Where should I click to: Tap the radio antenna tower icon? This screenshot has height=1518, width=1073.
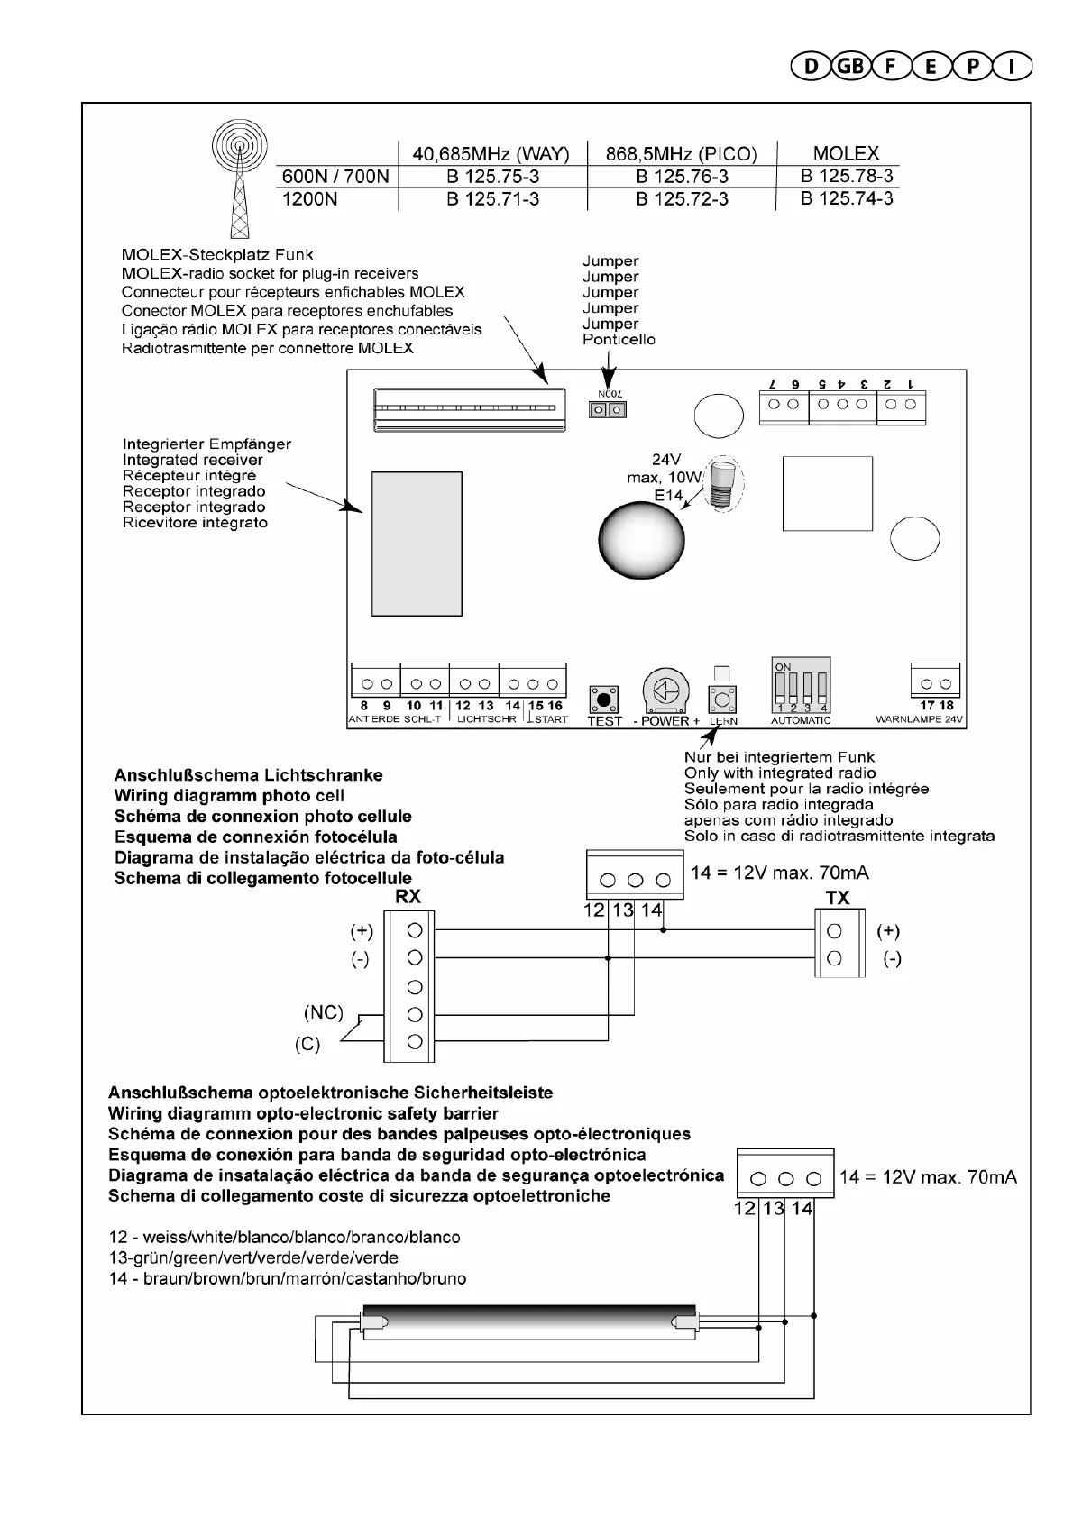[239, 176]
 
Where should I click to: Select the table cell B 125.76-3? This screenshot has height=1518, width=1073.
[682, 177]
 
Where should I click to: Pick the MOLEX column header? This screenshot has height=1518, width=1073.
[845, 153]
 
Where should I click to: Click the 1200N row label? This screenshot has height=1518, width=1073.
[309, 199]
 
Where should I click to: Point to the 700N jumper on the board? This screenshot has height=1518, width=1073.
[608, 410]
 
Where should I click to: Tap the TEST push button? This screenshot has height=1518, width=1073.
[603, 699]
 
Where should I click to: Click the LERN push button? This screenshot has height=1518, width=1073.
[722, 699]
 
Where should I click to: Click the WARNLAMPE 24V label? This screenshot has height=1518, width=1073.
[920, 720]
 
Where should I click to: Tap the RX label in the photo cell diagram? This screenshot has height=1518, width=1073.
[408, 897]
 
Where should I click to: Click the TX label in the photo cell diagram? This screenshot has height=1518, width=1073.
[838, 898]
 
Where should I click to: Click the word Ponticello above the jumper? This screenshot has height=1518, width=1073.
[619, 340]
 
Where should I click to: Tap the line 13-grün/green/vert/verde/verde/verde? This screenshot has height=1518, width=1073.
[253, 1257]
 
